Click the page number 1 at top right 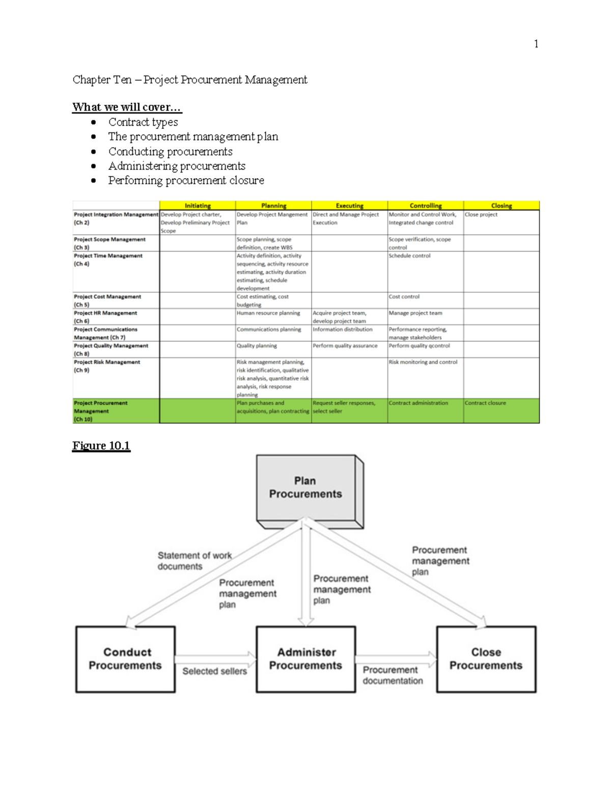tap(536, 44)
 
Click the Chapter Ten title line tap(189, 80)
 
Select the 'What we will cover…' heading tap(126, 107)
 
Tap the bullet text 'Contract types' tap(143, 122)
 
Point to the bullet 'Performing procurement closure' tap(186, 180)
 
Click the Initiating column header tap(198, 206)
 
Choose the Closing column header tap(501, 206)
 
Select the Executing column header tap(349, 206)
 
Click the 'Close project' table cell tap(481, 215)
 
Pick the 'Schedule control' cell tap(409, 256)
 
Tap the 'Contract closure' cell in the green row tap(485, 403)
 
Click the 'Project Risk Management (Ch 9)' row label tap(107, 366)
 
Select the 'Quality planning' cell tap(257, 346)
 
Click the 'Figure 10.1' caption tap(101, 446)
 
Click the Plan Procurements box tap(305, 487)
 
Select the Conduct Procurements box tap(125, 659)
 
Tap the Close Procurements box tap(486, 659)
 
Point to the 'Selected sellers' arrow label tap(214, 671)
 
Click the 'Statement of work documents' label tap(194, 561)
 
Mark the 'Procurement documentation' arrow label tap(393, 675)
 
